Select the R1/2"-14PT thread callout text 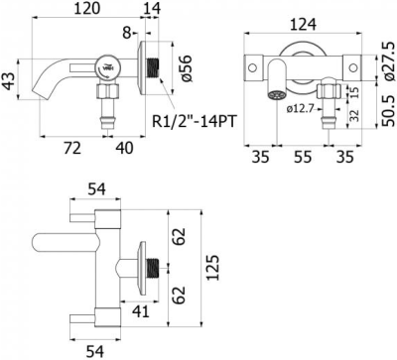click(x=195, y=122)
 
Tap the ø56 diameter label click(x=186, y=68)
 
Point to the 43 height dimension click(x=9, y=80)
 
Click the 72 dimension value click(x=72, y=148)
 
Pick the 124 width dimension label click(x=303, y=25)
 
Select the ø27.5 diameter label click(x=389, y=62)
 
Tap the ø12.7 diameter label click(x=301, y=108)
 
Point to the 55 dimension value click(x=303, y=157)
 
